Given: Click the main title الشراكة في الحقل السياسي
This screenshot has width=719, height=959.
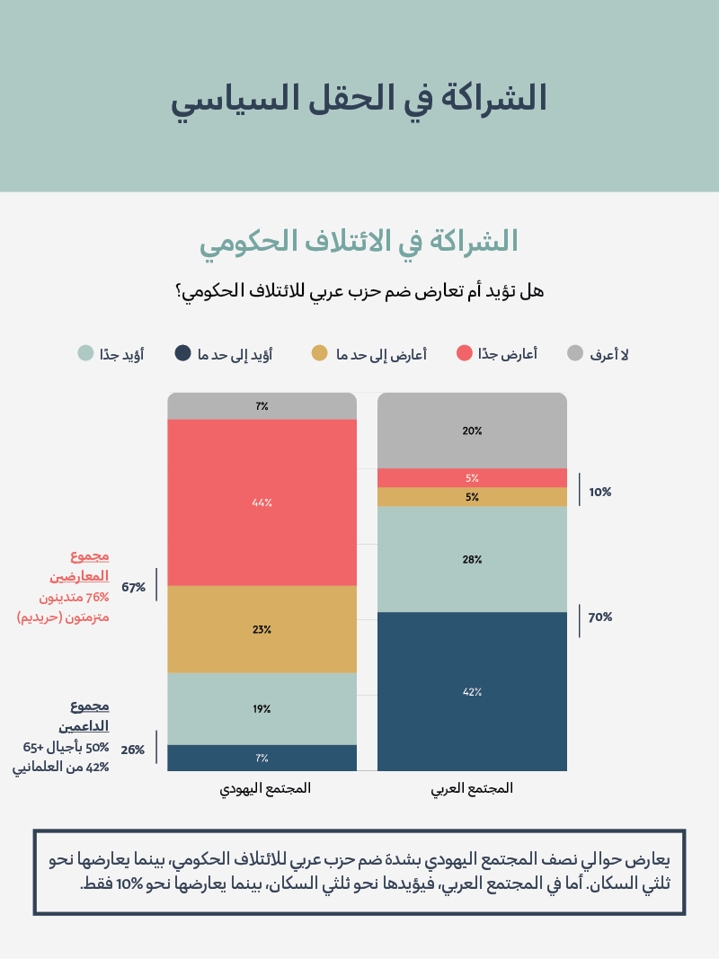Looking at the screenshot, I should pyautogui.click(x=359, y=98).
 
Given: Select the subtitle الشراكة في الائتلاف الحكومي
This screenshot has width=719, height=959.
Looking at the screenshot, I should pyautogui.click(x=359, y=241).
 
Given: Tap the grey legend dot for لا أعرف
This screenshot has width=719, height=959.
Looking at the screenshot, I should pyautogui.click(x=575, y=353).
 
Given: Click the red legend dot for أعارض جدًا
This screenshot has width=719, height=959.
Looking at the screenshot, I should pyautogui.click(x=465, y=353).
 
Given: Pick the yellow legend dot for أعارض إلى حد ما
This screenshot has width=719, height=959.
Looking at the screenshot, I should pyautogui.click(x=320, y=353).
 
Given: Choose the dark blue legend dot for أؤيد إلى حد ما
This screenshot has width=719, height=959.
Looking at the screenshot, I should pyautogui.click(x=182, y=353).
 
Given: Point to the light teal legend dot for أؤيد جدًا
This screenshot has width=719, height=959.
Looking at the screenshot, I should pyautogui.click(x=85, y=353).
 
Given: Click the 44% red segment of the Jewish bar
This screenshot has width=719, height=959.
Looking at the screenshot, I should pyautogui.click(x=262, y=502).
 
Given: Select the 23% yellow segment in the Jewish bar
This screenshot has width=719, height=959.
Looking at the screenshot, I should pyautogui.click(x=262, y=629).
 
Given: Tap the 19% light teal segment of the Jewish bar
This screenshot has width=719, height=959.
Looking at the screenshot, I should pyautogui.click(x=262, y=708).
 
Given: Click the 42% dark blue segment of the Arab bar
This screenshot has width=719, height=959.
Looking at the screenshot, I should pyautogui.click(x=472, y=691).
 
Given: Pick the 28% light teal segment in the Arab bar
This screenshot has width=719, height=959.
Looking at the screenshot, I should pyautogui.click(x=472, y=559).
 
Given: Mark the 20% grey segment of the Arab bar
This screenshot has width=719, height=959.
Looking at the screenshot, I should pyautogui.click(x=472, y=431).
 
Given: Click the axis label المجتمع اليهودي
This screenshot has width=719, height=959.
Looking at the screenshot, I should pyautogui.click(x=265, y=788).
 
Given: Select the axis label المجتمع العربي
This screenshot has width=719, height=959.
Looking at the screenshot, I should pyautogui.click(x=472, y=788).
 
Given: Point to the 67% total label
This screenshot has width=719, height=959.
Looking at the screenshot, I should pyautogui.click(x=134, y=587).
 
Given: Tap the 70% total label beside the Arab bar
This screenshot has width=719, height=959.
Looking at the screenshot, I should pyautogui.click(x=600, y=617).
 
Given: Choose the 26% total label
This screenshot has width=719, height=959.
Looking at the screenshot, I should pyautogui.click(x=134, y=749).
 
